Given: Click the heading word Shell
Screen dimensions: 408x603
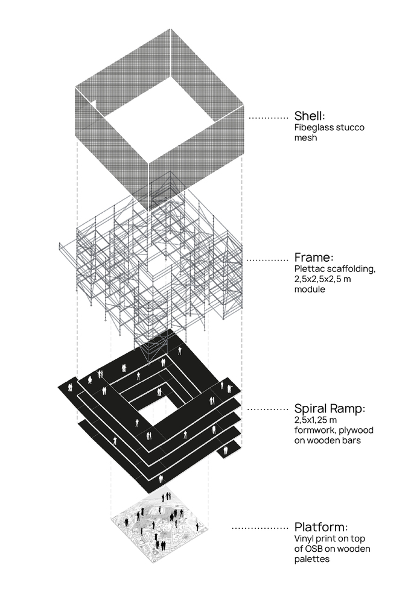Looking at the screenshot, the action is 310,116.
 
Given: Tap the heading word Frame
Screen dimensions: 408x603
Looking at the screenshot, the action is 313,257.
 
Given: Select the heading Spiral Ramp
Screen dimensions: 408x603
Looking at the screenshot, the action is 330,409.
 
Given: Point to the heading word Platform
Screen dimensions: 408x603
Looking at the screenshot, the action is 321,527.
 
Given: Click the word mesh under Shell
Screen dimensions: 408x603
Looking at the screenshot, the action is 305,137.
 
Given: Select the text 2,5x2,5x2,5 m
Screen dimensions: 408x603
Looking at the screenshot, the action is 322,279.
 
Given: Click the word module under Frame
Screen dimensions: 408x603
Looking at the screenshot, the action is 310,289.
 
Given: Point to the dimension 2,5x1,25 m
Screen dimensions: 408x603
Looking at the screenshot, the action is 316,420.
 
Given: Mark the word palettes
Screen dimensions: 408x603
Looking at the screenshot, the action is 312,559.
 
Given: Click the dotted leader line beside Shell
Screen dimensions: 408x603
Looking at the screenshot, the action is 269,118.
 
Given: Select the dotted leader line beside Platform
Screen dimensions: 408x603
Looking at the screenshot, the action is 260,528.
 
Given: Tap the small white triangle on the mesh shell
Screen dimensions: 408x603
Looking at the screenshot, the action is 94,104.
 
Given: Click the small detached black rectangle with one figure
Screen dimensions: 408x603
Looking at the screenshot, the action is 229,450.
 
